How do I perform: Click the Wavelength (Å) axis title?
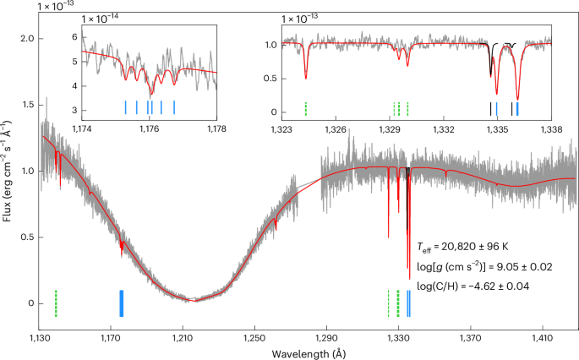click(308, 352)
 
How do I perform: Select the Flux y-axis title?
click(8, 174)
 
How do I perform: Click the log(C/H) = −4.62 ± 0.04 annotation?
click(470, 286)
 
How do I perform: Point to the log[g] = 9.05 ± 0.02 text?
click(473, 267)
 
